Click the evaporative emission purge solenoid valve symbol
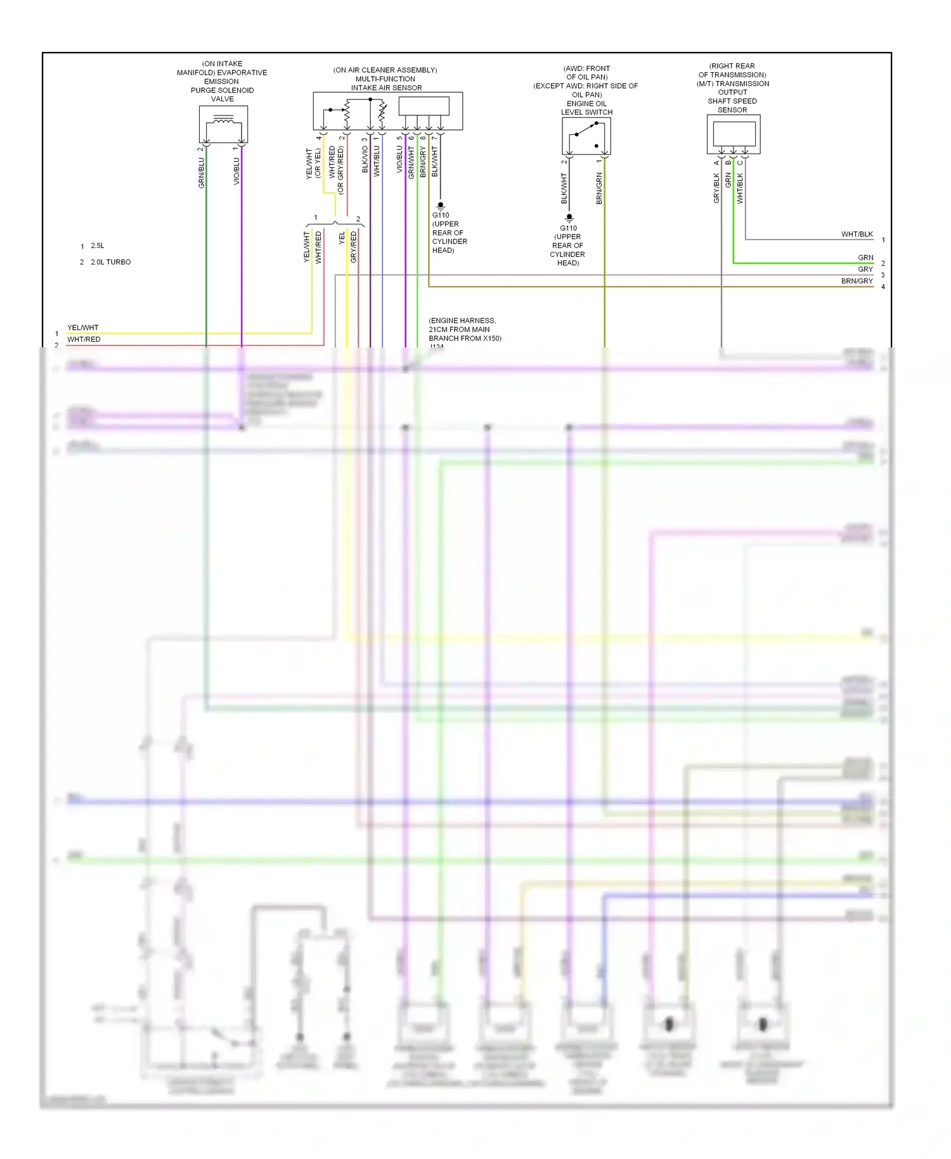click(223, 124)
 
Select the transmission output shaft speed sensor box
click(734, 134)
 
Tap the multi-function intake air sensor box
click(387, 111)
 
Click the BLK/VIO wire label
click(365, 159)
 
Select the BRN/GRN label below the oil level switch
click(599, 188)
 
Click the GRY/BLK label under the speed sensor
click(716, 188)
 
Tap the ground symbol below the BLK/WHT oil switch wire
click(569, 218)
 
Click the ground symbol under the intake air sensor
click(441, 205)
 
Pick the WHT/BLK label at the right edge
click(857, 234)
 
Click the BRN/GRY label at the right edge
click(857, 281)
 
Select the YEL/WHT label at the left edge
click(82, 328)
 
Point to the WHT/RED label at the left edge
click(84, 339)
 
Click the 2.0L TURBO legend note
click(110, 262)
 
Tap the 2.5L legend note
click(97, 245)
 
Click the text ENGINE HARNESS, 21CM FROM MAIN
click(462, 325)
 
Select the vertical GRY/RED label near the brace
click(354, 247)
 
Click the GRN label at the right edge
click(865, 257)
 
